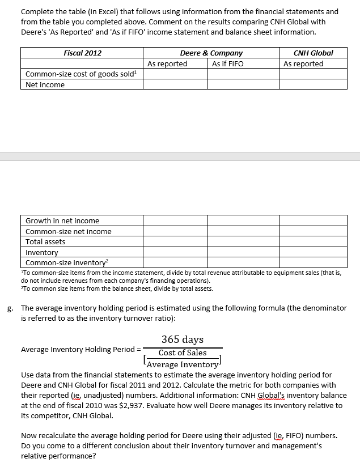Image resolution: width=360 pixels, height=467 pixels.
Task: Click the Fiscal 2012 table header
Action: [82, 53]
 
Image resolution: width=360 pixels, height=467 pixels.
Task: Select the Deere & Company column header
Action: [211, 53]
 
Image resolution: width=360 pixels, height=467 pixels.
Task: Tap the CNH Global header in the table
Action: [313, 53]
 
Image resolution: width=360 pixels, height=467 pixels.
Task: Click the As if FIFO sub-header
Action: [227, 63]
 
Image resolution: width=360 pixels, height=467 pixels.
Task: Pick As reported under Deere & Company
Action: [167, 63]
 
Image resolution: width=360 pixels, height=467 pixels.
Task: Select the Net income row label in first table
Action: [45, 85]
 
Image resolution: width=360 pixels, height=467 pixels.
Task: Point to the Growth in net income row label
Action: [62, 220]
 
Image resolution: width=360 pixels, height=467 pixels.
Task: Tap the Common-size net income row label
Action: [69, 231]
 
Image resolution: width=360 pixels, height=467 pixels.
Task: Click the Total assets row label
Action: [45, 241]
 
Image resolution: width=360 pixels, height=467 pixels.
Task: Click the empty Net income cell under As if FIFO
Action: [243, 85]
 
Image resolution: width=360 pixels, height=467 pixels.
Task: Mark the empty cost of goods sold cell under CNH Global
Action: [313, 74]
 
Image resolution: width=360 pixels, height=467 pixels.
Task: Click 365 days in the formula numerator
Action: [183, 339]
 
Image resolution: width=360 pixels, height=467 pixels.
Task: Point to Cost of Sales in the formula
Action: [183, 353]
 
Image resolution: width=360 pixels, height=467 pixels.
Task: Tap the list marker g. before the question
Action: [10, 309]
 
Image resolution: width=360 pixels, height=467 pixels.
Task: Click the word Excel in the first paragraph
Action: [105, 11]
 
